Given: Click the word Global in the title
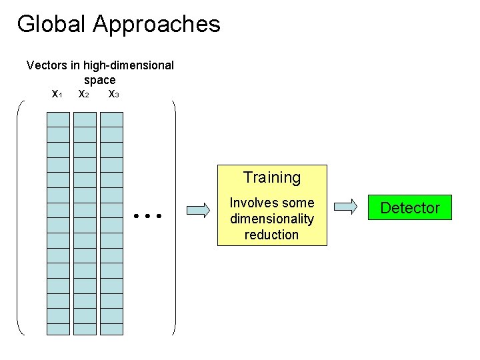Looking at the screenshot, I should click(x=52, y=24).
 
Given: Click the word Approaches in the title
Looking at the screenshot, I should click(x=157, y=25).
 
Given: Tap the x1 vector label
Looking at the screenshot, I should click(x=57, y=94).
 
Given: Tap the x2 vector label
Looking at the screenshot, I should click(x=84, y=94).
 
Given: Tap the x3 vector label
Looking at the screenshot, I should click(x=113, y=94).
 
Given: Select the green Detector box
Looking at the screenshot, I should click(x=409, y=208).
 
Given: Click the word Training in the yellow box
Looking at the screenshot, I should click(x=271, y=178).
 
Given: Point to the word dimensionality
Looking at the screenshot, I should click(x=271, y=219).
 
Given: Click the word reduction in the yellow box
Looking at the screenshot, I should click(x=271, y=235).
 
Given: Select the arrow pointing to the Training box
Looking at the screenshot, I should click(x=198, y=210).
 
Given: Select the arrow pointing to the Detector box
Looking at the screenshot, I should click(x=345, y=207).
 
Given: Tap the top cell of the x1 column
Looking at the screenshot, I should click(x=58, y=119).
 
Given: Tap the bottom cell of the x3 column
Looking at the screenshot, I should click(x=111, y=329).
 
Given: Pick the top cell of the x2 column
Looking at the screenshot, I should click(x=85, y=119).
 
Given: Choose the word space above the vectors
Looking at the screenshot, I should click(x=100, y=79).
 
